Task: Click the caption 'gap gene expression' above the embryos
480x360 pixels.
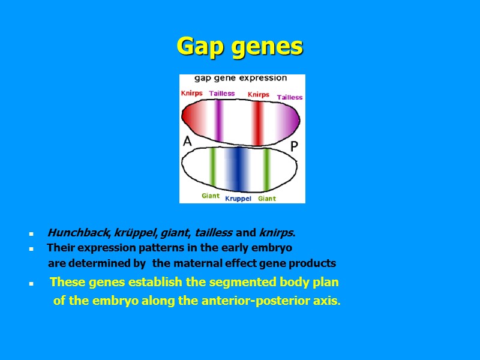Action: coord(240,78)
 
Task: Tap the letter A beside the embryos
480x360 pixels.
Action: coord(187,142)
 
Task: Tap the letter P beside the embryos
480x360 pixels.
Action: coord(295,146)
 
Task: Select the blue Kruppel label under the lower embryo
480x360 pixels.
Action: coord(238,199)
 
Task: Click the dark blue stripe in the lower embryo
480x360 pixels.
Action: coord(238,169)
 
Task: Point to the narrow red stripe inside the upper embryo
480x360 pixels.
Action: coord(257,123)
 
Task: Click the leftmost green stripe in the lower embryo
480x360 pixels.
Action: coord(212,166)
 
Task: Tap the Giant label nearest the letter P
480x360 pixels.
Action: coord(267,199)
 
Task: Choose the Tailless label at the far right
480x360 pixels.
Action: coord(290,97)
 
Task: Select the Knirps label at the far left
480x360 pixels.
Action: coord(192,93)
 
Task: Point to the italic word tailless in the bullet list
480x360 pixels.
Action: coord(214,233)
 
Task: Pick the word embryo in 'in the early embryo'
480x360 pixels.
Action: coord(274,248)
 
